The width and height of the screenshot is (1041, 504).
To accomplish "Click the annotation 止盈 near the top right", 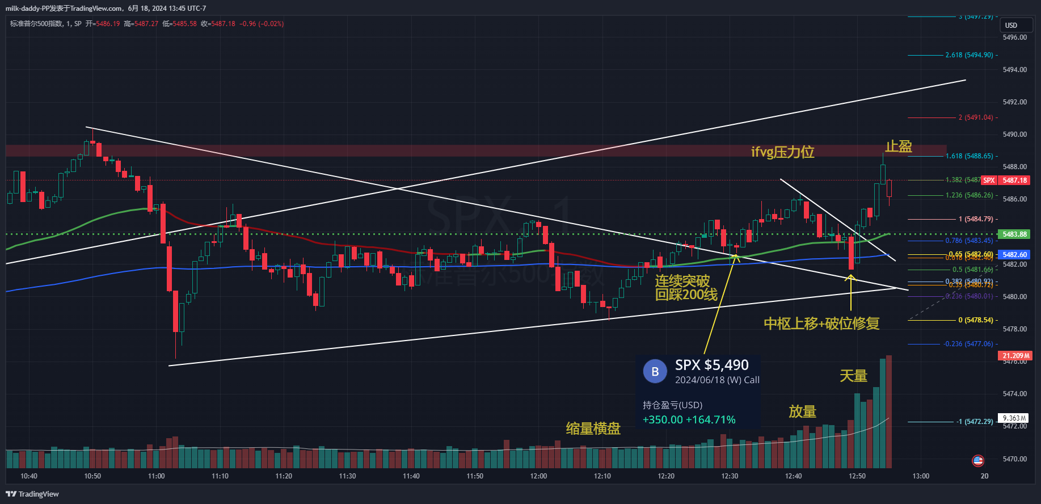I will [899, 146].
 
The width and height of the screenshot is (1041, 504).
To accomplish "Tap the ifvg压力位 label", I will [782, 152].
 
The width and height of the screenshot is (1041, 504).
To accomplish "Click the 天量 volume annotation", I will [853, 376].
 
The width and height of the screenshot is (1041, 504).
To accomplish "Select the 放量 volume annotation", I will [802, 411].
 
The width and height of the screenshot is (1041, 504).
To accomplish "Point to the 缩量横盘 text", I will [593, 429].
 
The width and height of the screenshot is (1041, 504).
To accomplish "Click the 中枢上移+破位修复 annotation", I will [821, 324].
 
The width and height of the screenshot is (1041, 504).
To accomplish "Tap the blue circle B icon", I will [655, 372].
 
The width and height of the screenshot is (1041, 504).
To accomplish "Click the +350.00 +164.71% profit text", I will [689, 420].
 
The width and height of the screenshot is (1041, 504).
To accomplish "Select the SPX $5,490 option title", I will [711, 365].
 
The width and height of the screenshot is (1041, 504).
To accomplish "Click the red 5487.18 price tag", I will [1014, 180].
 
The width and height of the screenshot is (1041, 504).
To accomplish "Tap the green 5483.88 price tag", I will [1014, 234].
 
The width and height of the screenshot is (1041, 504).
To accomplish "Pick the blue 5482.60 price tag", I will [1014, 255].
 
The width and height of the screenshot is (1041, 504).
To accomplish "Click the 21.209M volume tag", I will [1015, 356].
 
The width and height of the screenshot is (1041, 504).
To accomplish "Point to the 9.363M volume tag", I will [1014, 418].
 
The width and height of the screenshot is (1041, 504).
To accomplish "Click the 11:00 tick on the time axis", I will [156, 476].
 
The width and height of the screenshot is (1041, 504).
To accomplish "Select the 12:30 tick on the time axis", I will [730, 476].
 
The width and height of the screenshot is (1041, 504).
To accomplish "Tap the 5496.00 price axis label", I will [1014, 37].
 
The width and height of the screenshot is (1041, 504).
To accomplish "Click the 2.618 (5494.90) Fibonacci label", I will [969, 55].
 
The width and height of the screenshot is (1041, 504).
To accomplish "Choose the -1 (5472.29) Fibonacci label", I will [975, 422].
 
